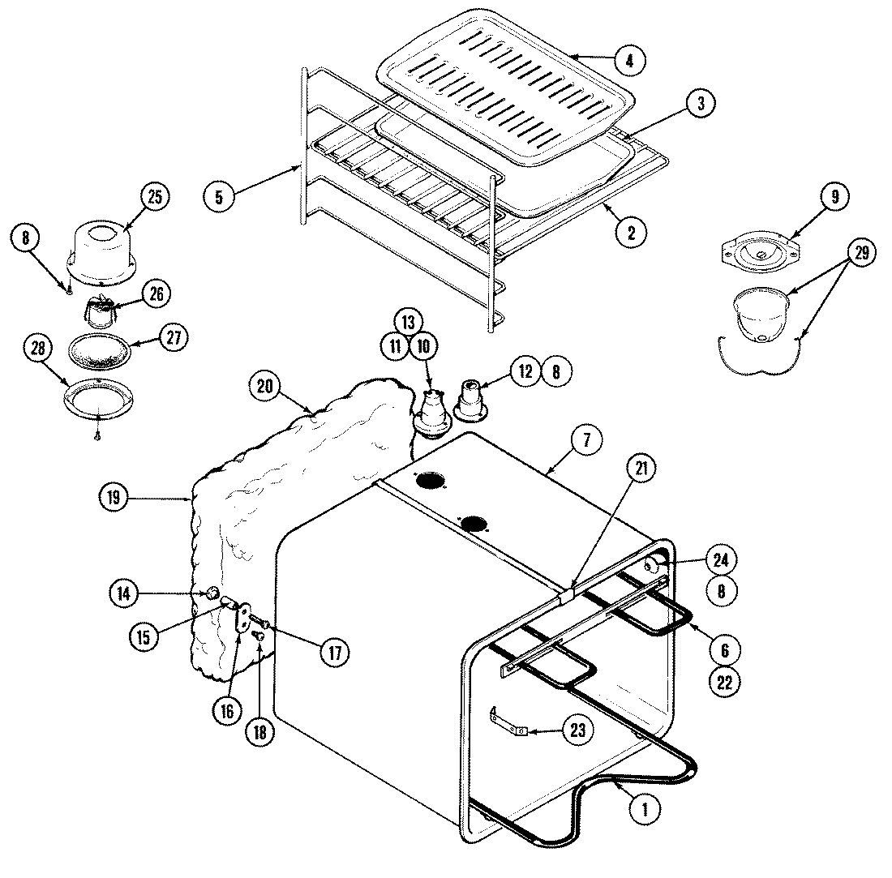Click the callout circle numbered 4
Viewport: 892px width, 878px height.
[629, 59]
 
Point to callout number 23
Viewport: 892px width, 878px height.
[577, 730]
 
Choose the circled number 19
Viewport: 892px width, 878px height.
[114, 497]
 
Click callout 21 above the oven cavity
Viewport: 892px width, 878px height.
[641, 469]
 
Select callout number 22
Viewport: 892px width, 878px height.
[724, 682]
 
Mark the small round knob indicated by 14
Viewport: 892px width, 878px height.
[212, 594]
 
